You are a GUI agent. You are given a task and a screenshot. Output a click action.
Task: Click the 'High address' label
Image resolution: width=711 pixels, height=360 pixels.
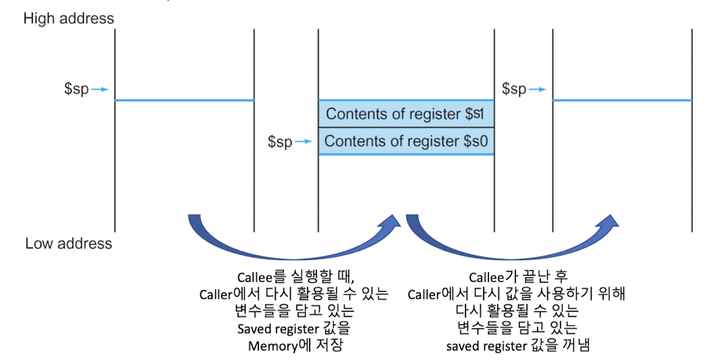click(69, 18)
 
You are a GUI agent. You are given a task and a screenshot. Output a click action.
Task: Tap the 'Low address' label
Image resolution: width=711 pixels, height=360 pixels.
click(69, 243)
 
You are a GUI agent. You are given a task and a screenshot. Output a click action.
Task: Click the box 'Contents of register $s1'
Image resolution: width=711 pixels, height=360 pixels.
click(406, 114)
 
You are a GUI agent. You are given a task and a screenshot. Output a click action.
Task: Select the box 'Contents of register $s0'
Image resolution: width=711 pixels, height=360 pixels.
click(406, 141)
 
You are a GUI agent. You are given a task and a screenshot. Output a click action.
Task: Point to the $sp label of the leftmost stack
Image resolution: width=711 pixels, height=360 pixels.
click(76, 89)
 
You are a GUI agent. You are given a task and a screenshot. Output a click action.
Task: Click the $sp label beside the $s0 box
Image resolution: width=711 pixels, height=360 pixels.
click(280, 142)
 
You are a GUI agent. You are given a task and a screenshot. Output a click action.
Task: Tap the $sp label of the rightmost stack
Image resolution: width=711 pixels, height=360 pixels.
click(515, 89)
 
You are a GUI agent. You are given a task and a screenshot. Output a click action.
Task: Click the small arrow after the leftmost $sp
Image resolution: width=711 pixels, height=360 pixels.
click(100, 89)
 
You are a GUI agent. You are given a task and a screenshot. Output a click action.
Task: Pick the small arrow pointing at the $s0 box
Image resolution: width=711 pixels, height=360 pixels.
click(304, 142)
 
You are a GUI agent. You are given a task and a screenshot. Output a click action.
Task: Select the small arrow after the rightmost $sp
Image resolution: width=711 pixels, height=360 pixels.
click(538, 89)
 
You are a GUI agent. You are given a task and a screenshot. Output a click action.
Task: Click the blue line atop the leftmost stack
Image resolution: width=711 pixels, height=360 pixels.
click(184, 100)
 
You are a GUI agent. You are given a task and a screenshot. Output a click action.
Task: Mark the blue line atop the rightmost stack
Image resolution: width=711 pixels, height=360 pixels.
click(622, 100)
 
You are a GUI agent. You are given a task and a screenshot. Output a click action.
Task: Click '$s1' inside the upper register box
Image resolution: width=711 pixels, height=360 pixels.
click(476, 114)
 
